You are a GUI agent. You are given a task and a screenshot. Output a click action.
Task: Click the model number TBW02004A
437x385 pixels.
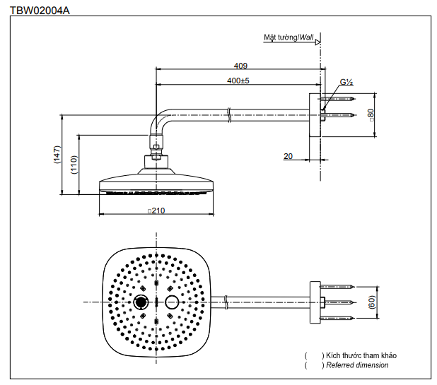(x=40, y=11)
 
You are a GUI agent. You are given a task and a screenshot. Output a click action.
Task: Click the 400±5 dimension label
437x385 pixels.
(x=239, y=81)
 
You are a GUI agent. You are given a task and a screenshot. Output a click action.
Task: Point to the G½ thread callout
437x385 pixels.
(x=346, y=82)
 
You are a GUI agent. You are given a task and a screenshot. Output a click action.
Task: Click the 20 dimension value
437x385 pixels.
(x=288, y=156)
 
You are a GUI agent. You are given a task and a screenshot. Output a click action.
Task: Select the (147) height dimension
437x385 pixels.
(x=57, y=155)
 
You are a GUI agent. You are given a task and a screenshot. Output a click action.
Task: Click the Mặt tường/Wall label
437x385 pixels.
(x=289, y=37)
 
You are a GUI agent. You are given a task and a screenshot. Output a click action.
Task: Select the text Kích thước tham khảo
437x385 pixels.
(x=359, y=355)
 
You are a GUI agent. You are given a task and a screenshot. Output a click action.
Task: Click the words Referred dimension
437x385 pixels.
(x=357, y=365)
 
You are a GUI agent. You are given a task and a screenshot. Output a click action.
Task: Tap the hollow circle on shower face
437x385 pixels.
(x=171, y=302)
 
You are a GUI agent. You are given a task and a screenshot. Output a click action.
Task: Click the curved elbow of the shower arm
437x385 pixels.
(x=157, y=121)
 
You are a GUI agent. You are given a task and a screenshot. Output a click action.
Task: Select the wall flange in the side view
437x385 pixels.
(x=315, y=114)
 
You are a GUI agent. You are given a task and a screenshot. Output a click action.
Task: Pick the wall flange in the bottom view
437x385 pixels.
(x=315, y=302)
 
